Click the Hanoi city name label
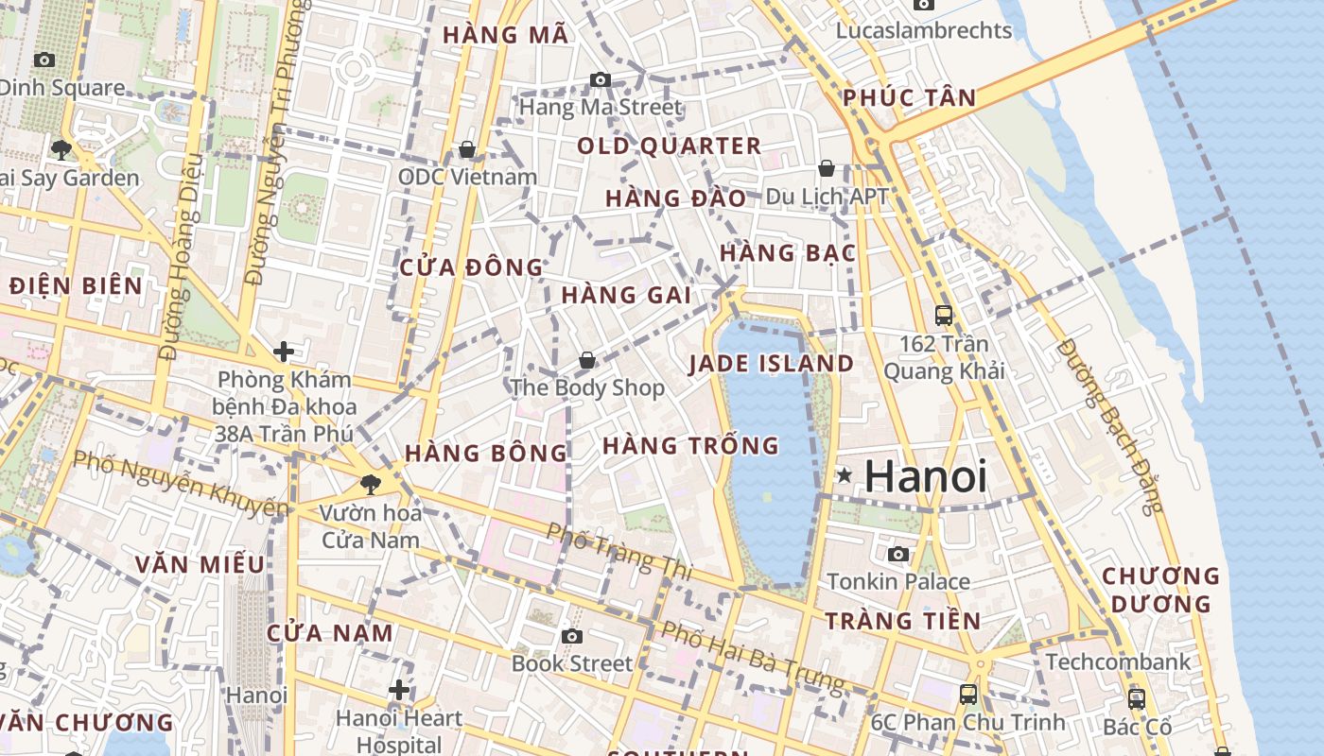[926, 476]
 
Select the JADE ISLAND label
[771, 364]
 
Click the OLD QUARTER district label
[670, 146]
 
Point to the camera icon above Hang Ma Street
[601, 79]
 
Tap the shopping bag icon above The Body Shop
[587, 360]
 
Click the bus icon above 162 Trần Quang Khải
[943, 316]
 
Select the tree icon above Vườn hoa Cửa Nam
[370, 485]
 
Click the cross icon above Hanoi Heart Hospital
[399, 690]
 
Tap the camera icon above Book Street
[572, 636]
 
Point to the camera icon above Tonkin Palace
[898, 554]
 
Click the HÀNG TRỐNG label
[690, 445]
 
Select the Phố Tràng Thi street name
[619, 552]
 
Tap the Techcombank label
[1118, 661]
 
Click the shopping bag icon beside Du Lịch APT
[827, 168]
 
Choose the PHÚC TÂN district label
[909, 97]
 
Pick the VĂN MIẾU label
[200, 564]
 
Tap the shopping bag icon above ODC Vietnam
[466, 149]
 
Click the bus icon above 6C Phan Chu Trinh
[968, 695]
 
